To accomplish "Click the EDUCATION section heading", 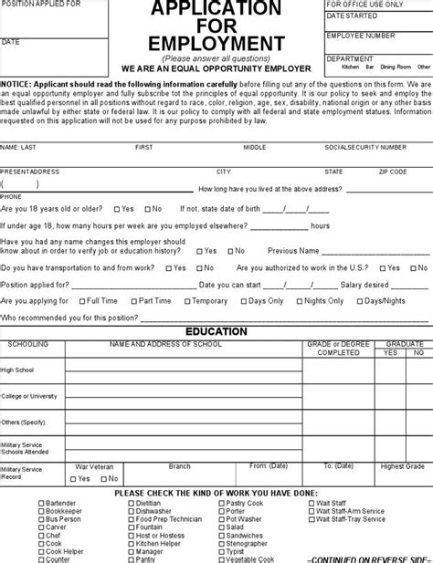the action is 216,331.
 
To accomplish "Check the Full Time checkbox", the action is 79,301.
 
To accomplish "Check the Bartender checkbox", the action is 41,503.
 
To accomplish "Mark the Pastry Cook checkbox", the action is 221,503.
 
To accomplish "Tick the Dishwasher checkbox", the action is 131,511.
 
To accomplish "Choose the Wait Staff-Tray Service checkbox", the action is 312,519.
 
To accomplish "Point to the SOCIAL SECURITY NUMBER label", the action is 365,147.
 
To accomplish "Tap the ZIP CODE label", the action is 393,172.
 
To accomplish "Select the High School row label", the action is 18,370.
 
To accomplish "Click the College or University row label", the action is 29,396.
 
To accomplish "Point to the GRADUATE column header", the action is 403,343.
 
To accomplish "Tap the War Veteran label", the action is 94,466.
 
